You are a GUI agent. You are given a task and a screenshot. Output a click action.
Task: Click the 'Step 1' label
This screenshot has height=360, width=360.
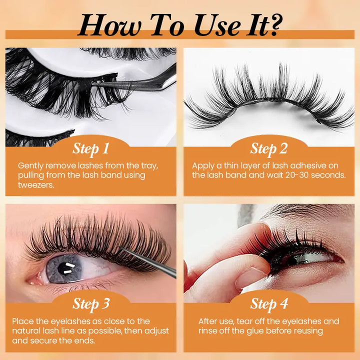(x=90, y=148)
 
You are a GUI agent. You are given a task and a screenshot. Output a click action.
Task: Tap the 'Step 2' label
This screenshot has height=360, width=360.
(x=268, y=148)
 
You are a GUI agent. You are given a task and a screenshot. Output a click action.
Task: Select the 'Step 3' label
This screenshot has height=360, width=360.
(x=90, y=303)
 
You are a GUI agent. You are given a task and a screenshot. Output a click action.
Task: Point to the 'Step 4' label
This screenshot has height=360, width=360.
(x=268, y=303)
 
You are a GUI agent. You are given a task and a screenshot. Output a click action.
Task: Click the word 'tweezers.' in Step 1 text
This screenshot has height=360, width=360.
(x=35, y=184)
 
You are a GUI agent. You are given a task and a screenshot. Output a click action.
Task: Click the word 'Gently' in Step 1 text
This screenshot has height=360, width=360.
(x=31, y=165)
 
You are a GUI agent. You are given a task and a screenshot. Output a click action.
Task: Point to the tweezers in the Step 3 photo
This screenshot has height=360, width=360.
(x=150, y=260)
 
